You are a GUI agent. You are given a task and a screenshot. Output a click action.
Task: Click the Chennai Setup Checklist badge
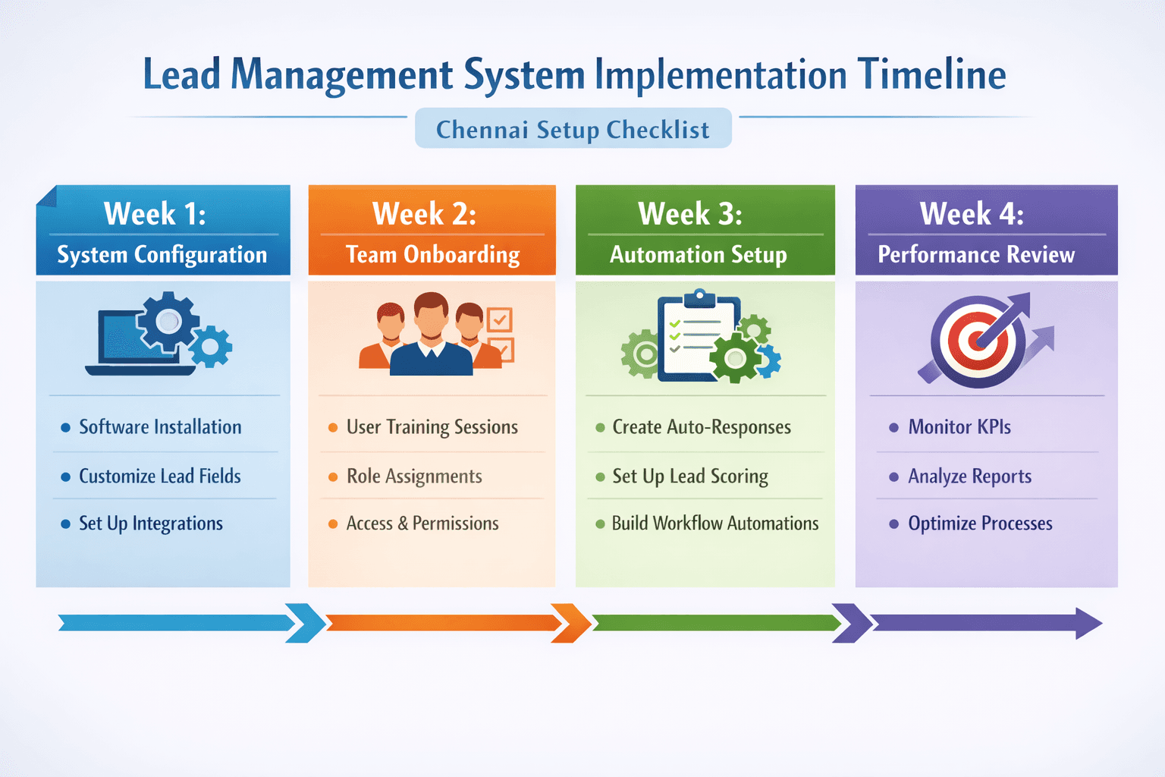click(x=573, y=129)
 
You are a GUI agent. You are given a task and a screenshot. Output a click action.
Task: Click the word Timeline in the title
click(x=931, y=74)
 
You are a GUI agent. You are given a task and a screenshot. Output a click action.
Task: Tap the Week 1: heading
click(x=155, y=214)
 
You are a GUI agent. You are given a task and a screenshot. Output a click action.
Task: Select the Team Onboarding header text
click(x=432, y=255)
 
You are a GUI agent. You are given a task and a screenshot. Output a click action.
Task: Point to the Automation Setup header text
click(x=698, y=255)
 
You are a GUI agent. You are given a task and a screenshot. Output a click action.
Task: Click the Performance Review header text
click(x=976, y=255)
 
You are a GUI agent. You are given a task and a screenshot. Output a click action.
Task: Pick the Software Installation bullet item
click(x=160, y=427)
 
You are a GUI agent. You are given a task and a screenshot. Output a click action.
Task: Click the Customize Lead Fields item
click(x=159, y=477)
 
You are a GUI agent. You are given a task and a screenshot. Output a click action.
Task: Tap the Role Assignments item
click(x=414, y=477)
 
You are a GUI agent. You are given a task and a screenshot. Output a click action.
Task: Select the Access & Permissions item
click(x=422, y=524)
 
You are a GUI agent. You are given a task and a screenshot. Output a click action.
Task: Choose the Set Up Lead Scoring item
click(x=690, y=477)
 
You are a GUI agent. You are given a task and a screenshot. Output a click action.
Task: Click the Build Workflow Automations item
click(x=715, y=524)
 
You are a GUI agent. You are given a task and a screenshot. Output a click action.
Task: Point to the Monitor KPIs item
click(x=959, y=427)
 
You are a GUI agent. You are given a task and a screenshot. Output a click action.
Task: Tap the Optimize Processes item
click(x=980, y=524)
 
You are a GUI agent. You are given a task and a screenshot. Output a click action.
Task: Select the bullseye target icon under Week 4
click(x=978, y=341)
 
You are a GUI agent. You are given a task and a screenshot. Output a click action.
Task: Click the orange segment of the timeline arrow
click(x=444, y=623)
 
